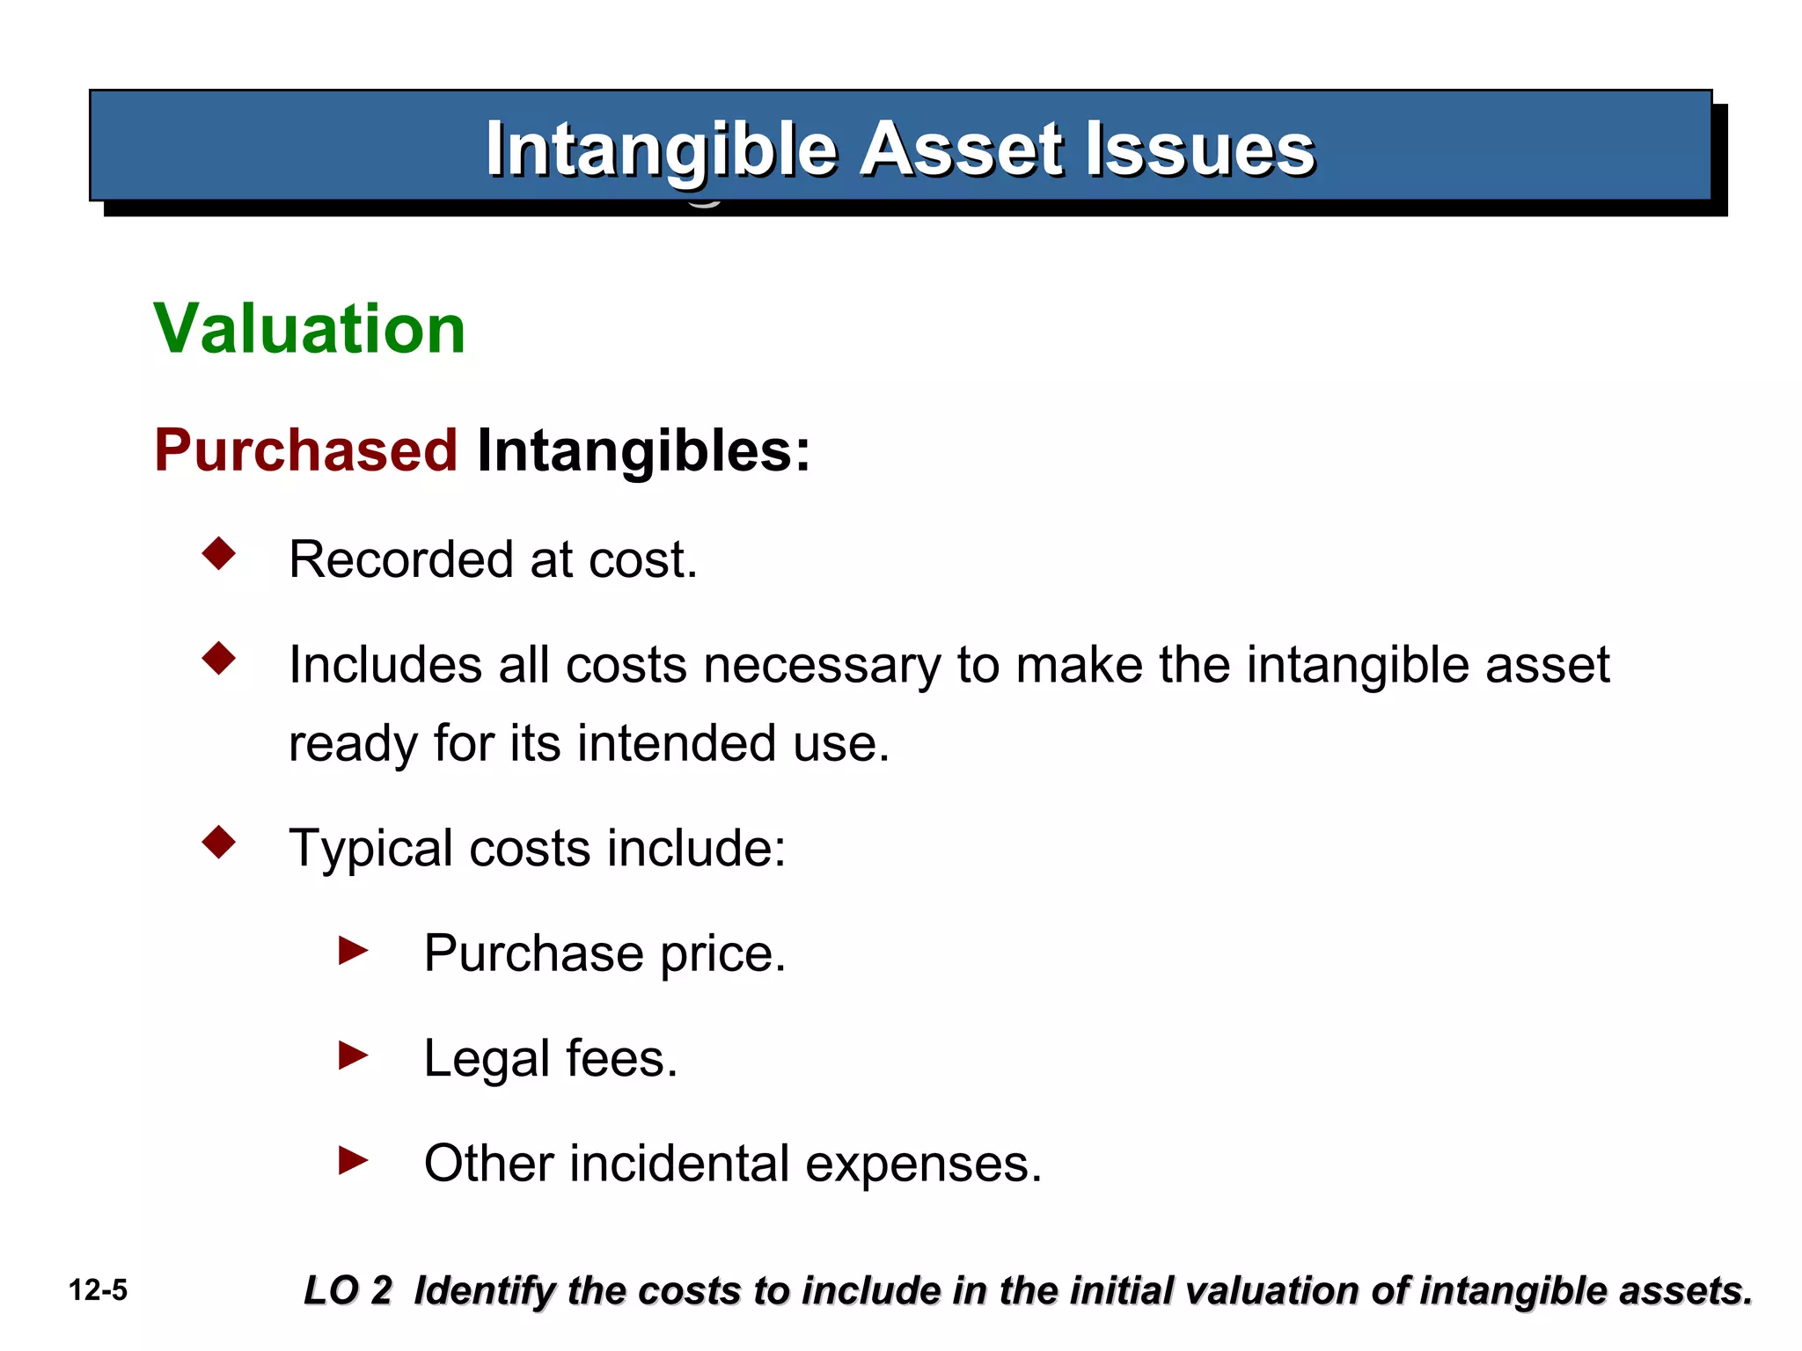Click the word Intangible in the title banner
[x=661, y=150]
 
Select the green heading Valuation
[x=309, y=329]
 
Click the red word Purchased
[x=305, y=450]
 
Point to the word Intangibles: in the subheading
[x=643, y=450]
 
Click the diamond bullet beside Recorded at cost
[x=219, y=554]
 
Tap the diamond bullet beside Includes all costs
[x=219, y=658]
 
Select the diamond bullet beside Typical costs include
[x=219, y=842]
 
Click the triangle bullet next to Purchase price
[x=353, y=950]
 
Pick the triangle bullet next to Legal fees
[x=353, y=1055]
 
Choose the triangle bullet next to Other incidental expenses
[x=353, y=1160]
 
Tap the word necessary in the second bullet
[x=822, y=665]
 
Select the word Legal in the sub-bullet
[x=487, y=1058]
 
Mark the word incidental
[x=679, y=1164]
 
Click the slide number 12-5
[x=98, y=1290]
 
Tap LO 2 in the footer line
[x=347, y=1290]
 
